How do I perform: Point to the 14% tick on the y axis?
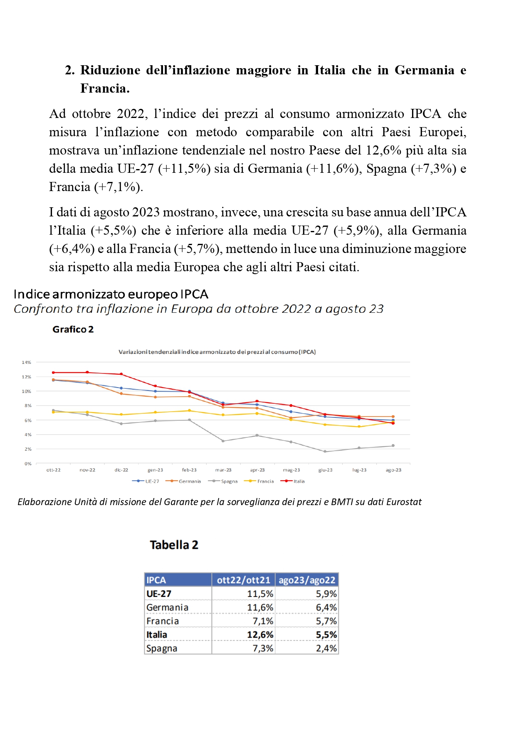(x=27, y=362)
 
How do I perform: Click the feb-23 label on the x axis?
(x=189, y=470)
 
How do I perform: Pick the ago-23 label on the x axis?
(x=393, y=470)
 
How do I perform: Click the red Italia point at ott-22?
(x=53, y=373)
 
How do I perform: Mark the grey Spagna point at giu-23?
(x=325, y=452)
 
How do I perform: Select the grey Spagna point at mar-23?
(x=223, y=441)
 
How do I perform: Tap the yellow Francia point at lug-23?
(x=359, y=427)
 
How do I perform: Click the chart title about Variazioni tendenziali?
(x=217, y=352)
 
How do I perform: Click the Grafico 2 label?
(x=73, y=329)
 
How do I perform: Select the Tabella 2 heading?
(x=174, y=545)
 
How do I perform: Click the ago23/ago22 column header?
(x=307, y=580)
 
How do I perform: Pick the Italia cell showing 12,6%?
(x=260, y=635)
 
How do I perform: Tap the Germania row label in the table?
(x=167, y=607)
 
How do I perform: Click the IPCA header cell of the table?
(x=156, y=580)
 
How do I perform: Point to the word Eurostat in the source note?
(x=404, y=502)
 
